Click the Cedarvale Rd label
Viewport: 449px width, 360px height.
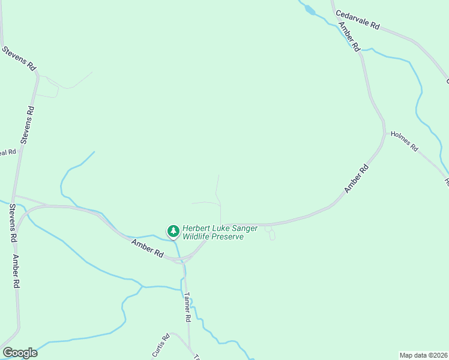pos(358,19)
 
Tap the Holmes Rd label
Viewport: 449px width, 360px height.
pos(404,141)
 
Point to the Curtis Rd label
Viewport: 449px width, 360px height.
pos(161,345)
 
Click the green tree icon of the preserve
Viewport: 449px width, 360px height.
pos(173,231)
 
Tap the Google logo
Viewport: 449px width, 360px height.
pos(20,353)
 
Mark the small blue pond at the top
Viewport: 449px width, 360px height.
pos(309,9)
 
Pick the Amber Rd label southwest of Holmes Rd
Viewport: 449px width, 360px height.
pos(355,179)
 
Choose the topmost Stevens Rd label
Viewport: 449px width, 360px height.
pos(19,58)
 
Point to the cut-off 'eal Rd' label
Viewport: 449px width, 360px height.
pos(7,152)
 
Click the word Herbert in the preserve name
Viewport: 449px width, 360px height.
pos(199,229)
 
